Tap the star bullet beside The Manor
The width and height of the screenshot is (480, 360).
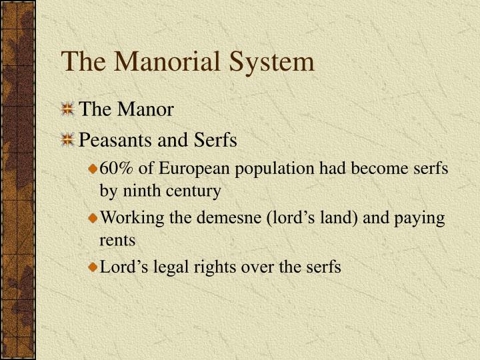(x=67, y=109)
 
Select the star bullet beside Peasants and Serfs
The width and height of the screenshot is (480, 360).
(x=67, y=141)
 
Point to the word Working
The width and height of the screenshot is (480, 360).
(x=127, y=219)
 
